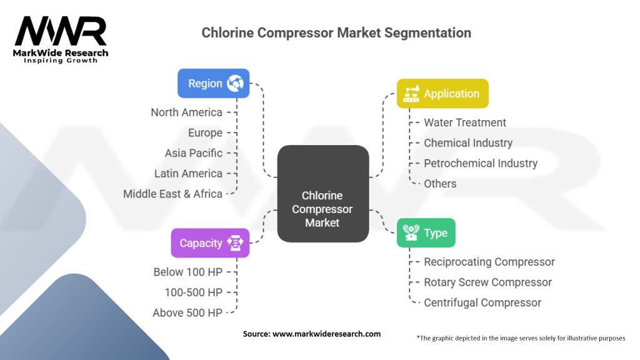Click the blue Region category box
pyautogui.click(x=213, y=83)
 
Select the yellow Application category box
pyautogui.click(x=442, y=94)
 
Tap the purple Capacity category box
pyautogui.click(x=210, y=243)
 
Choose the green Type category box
pyautogui.click(x=426, y=233)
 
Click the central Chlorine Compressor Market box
pyautogui.click(x=322, y=209)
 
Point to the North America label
pyautogui.click(x=186, y=112)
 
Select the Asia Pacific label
pyautogui.click(x=193, y=153)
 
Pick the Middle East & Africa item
pyautogui.click(x=172, y=194)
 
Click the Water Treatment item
pyautogui.click(x=465, y=122)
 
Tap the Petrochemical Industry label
pyautogui.click(x=481, y=163)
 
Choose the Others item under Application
pyautogui.click(x=440, y=184)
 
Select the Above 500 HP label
pyautogui.click(x=187, y=312)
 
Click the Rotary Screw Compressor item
pyautogui.click(x=487, y=282)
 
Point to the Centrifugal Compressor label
pyautogui.click(x=482, y=302)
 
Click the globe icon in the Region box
pyautogui.click(x=236, y=83)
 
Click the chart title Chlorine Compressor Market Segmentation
pyautogui.click(x=336, y=32)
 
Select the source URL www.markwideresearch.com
pyautogui.click(x=326, y=334)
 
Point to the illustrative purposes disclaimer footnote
pyautogui.click(x=521, y=338)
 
